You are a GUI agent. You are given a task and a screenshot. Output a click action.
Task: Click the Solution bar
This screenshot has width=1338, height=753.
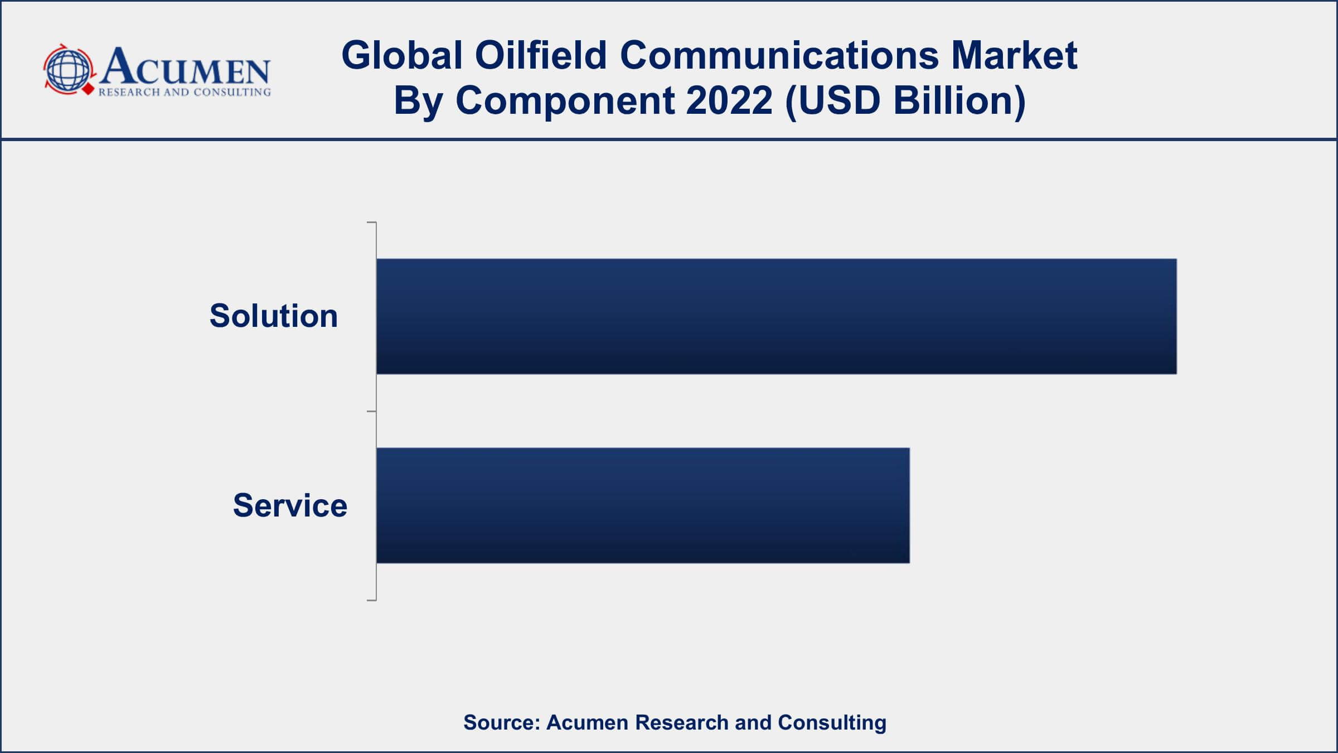tap(776, 316)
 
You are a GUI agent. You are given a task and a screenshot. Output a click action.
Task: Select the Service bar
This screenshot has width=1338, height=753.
tap(643, 505)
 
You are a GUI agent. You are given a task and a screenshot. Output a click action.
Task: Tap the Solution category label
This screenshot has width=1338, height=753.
tap(274, 316)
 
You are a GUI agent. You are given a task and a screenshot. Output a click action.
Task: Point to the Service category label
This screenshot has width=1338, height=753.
tap(290, 505)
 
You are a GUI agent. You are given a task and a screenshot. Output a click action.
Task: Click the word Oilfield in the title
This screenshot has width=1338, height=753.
tap(540, 55)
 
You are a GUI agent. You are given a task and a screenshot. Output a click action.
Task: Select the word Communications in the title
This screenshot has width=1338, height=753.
tap(779, 55)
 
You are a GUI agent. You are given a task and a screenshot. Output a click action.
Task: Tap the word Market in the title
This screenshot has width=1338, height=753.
tap(1014, 55)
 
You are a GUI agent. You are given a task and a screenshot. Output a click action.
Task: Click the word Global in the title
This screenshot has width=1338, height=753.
tap(402, 55)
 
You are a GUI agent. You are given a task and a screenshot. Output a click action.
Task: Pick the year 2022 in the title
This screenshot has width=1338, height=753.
tap(729, 100)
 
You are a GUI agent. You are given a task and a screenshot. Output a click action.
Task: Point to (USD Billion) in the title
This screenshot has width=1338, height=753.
tap(905, 100)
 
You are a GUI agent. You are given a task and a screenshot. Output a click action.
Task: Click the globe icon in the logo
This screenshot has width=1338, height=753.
tap(67, 70)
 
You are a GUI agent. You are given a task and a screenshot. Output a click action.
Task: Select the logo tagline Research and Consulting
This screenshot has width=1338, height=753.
tap(185, 92)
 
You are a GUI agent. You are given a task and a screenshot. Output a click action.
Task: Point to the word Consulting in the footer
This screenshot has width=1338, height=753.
tap(832, 722)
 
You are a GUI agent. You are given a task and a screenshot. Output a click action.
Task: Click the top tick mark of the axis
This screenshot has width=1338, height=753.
tap(371, 223)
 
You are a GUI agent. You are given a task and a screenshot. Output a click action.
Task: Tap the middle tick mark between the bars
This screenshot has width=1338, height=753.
tap(371, 412)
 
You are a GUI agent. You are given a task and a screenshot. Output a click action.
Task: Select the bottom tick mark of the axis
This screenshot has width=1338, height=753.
tap(371, 600)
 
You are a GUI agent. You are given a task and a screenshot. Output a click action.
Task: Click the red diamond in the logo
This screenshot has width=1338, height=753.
tap(88, 88)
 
